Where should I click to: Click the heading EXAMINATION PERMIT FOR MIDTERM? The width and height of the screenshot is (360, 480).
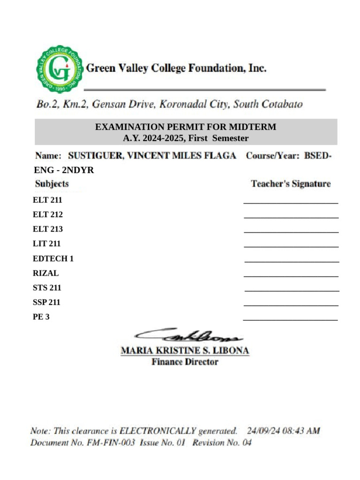click(186, 127)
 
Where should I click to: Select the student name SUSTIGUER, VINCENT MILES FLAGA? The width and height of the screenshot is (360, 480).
click(152, 156)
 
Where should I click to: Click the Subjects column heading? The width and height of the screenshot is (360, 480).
click(52, 184)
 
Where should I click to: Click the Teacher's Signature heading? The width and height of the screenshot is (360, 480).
click(291, 184)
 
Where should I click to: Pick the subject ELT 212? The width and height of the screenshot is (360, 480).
click(48, 215)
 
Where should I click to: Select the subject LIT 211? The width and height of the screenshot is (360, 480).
click(47, 244)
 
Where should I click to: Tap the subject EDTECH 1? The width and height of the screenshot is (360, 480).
click(53, 258)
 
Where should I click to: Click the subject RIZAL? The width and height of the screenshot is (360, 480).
click(46, 273)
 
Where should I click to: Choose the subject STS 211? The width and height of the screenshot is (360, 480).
click(47, 288)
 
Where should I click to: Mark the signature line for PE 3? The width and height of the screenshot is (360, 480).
click(290, 320)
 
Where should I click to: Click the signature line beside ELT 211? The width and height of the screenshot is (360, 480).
click(291, 203)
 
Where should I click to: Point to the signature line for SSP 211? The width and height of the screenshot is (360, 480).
click(291, 305)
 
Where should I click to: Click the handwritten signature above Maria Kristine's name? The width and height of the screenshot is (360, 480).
click(187, 335)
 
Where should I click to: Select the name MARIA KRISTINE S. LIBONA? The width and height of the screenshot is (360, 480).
click(185, 351)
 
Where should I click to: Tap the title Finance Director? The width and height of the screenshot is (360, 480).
click(185, 362)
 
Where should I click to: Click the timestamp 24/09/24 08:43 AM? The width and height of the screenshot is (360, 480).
click(283, 431)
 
